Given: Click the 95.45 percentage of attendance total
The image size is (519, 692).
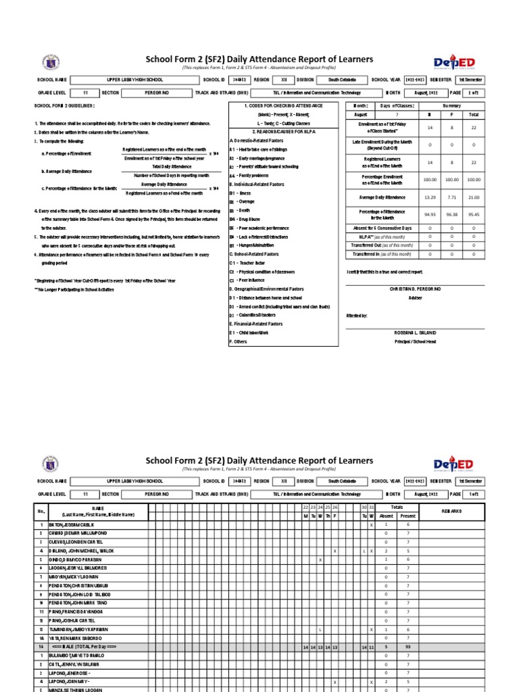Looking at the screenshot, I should coord(474,214).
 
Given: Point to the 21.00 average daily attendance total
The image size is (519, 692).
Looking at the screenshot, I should coord(474,197).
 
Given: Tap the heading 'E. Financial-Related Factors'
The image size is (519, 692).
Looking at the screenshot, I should coord(256,324).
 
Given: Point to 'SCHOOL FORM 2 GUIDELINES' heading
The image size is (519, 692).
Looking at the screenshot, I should coord(65,106).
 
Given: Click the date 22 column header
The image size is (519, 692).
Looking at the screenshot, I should coord(305,507).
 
